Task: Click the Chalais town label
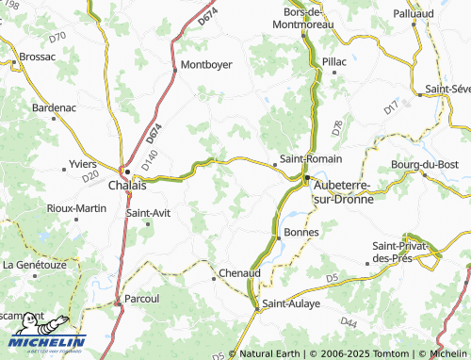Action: pos(127,186)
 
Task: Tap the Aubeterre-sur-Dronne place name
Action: pos(343,192)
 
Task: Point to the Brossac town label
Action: pos(39,56)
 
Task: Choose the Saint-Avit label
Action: pos(149,213)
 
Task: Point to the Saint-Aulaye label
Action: pos(291,303)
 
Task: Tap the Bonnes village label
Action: pos(301,232)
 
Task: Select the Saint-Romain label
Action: pos(305,160)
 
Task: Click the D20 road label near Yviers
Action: pos(90,175)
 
